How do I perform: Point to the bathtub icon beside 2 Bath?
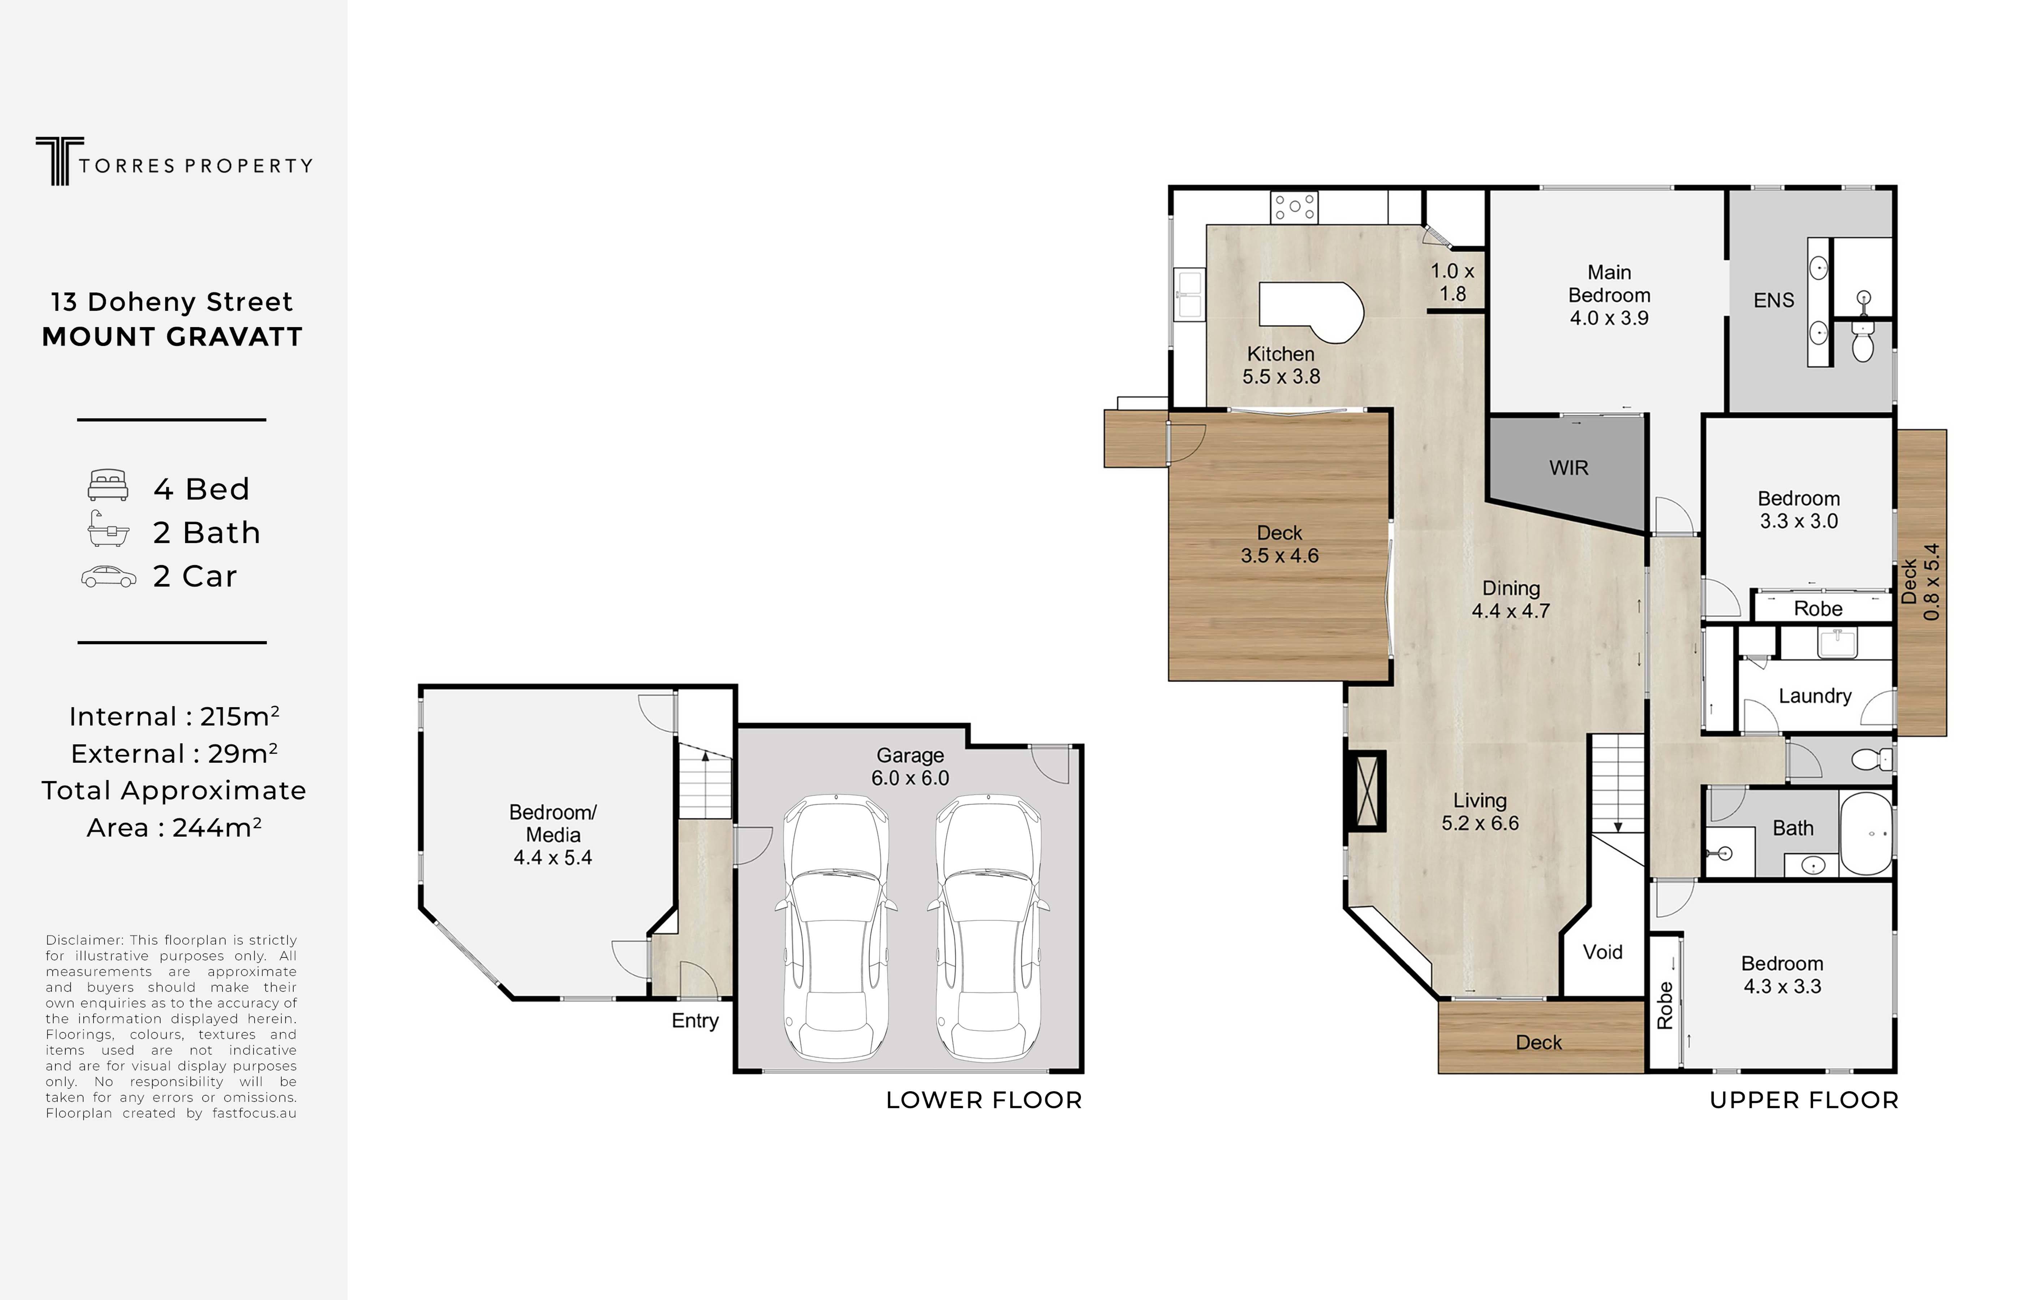(x=108, y=528)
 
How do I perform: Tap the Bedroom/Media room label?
(x=553, y=835)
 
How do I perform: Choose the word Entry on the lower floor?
(x=695, y=1020)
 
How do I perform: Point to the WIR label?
(x=1568, y=468)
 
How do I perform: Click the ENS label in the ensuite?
(x=1774, y=300)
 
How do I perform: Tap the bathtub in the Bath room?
(x=1866, y=833)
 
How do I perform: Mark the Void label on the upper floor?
(x=1602, y=952)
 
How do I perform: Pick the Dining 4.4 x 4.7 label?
(x=1511, y=599)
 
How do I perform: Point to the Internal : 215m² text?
(x=174, y=716)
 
